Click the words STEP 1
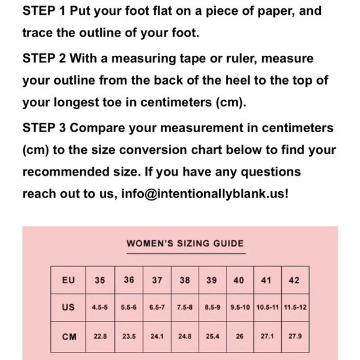pyautogui.click(x=44, y=11)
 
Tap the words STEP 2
pyautogui.click(x=44, y=58)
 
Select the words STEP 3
pyautogui.click(x=44, y=128)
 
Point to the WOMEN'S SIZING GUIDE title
pyautogui.click(x=186, y=243)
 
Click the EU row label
pyautogui.click(x=68, y=280)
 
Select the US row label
pyautogui.click(x=68, y=307)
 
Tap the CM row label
pyautogui.click(x=69, y=337)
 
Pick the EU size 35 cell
pyautogui.click(x=100, y=280)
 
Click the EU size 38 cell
pyautogui.click(x=185, y=280)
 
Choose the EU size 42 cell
pyautogui.click(x=295, y=280)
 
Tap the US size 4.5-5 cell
pyautogui.click(x=100, y=307)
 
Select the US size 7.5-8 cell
pyautogui.click(x=185, y=307)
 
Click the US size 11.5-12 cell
pyautogui.click(x=295, y=307)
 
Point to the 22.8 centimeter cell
pyautogui.click(x=100, y=336)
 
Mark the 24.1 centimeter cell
pyautogui.click(x=157, y=336)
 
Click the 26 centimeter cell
pyautogui.click(x=240, y=336)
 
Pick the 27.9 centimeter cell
pyautogui.click(x=295, y=336)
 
